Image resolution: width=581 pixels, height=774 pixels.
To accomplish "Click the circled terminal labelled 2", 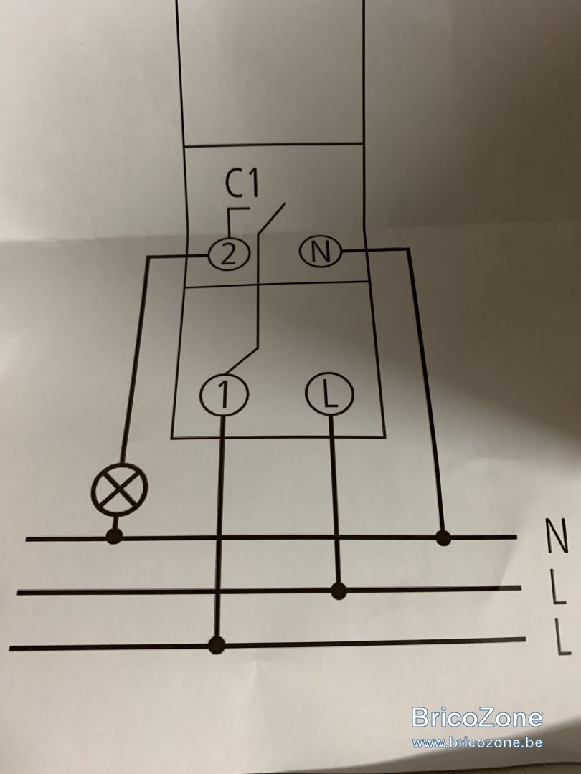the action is pos(229,255).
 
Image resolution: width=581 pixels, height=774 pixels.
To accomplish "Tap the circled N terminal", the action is pos(321,252).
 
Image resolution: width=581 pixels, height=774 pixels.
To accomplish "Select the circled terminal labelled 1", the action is pos(224,395).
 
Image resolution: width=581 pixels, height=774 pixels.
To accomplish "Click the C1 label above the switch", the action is pos(242,184).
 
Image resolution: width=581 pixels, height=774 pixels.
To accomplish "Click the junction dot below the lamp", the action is pos(115,535).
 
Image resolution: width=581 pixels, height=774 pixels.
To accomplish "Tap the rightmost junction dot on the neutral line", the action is pos(443,537).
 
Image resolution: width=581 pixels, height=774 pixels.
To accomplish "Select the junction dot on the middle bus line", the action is pos(339,590).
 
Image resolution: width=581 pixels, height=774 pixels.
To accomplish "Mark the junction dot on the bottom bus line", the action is pos(217,645).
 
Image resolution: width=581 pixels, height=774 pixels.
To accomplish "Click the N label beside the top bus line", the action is pos(557,535).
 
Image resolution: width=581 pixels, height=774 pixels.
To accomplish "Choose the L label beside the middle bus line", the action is pos(558,588).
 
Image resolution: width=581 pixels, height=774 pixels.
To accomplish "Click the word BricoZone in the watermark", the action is pos(477,717).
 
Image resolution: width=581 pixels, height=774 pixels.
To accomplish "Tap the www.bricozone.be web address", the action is pos(477,742).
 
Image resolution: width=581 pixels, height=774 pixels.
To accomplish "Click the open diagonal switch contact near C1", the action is pos(271,218).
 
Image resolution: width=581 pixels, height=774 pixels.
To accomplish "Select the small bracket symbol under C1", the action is pos(238,221).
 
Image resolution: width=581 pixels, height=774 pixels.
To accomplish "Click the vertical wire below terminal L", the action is pos(334,499).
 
